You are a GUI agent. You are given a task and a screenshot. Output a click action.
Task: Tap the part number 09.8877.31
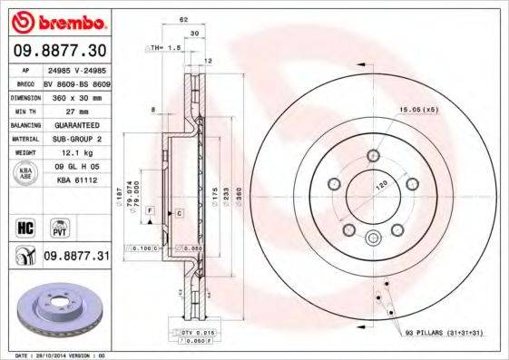(75, 258)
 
